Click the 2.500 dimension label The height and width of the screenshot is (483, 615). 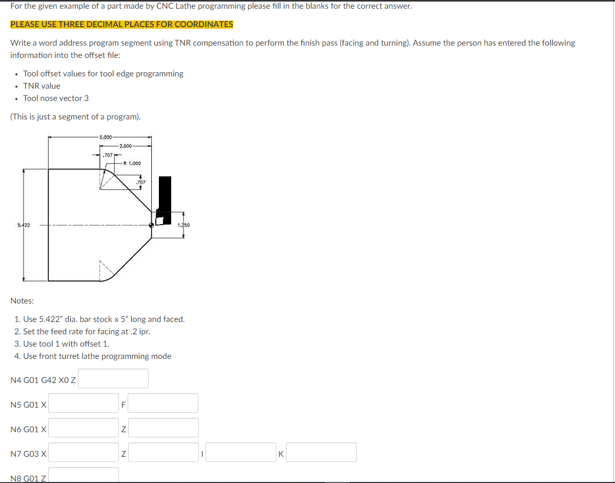click(x=125, y=146)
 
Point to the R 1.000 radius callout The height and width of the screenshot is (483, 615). click(x=132, y=164)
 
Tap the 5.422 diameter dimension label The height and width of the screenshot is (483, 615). click(x=23, y=225)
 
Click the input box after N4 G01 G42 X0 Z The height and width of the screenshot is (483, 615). click(x=113, y=378)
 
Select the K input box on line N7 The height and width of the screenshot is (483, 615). click(x=321, y=452)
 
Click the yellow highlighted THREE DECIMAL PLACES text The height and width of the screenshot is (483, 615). click(x=121, y=25)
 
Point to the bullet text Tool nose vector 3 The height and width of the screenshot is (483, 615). click(x=56, y=98)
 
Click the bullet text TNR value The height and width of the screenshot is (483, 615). click(x=42, y=86)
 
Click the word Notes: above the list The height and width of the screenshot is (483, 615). click(x=22, y=300)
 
